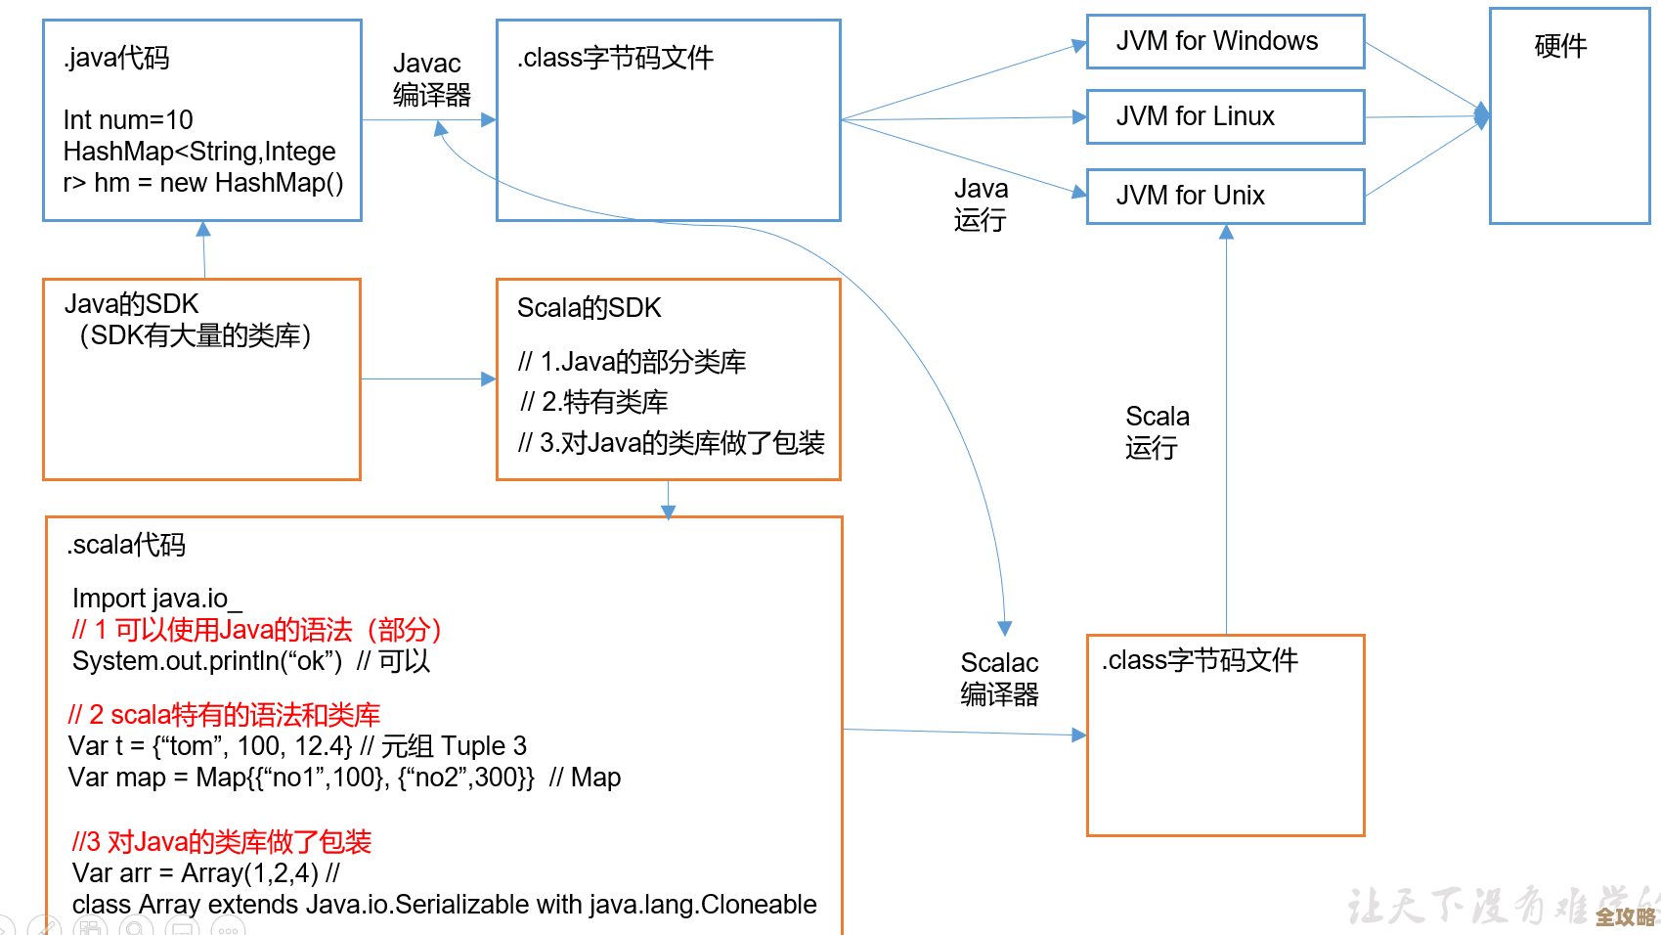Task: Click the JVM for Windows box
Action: [x=1225, y=42]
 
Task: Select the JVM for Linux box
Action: [x=1225, y=116]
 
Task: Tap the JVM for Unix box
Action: [x=1225, y=196]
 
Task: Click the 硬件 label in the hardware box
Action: [x=1560, y=46]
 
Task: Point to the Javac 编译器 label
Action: [x=431, y=79]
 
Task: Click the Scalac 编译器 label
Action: [x=999, y=679]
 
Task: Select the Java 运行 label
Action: [x=981, y=204]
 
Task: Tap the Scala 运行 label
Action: [x=1157, y=432]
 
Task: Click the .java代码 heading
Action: [x=117, y=58]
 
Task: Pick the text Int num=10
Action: [x=128, y=120]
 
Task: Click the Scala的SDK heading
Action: [x=589, y=308]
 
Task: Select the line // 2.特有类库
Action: [x=594, y=402]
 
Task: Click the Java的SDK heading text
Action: [x=131, y=304]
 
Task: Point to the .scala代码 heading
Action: [x=126, y=545]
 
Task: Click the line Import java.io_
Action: [x=156, y=599]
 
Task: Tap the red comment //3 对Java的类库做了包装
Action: [x=222, y=842]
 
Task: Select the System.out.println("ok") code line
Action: [x=207, y=661]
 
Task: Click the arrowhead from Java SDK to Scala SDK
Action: [x=489, y=379]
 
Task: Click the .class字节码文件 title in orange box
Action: [x=1200, y=660]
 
